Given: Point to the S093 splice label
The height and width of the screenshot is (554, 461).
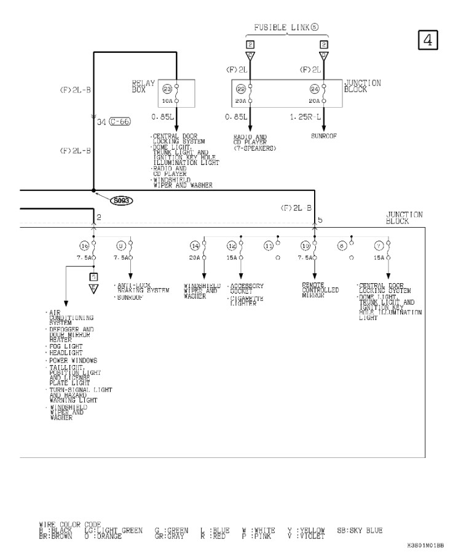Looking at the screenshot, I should tap(122, 200).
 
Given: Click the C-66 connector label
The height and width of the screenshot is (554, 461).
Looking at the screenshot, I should tap(119, 122).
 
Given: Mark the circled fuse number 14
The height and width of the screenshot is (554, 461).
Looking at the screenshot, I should tap(195, 246).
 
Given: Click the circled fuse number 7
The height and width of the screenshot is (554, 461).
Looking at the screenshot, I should tap(379, 246).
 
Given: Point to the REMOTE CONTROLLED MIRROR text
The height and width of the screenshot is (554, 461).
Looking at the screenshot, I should tap(320, 290).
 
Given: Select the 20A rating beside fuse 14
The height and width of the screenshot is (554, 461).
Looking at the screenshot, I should tap(194, 257).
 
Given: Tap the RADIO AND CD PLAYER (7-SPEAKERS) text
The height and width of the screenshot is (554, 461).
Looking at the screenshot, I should tap(254, 143).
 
